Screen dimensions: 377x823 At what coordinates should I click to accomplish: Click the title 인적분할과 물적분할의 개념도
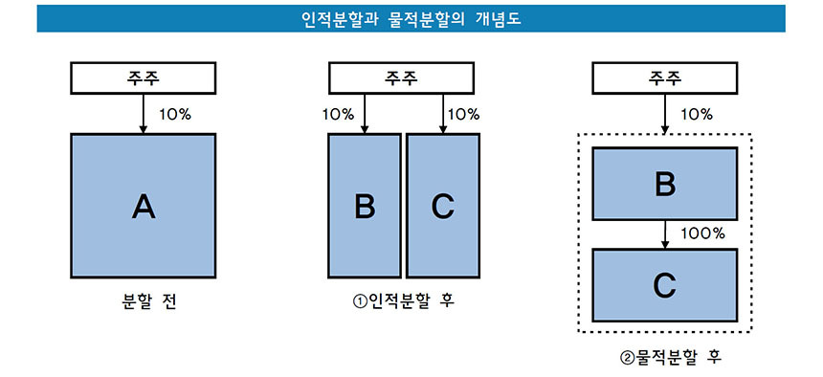click(411, 18)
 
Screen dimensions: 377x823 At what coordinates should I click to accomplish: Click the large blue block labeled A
click(143, 205)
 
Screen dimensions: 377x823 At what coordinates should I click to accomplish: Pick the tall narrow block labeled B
click(364, 205)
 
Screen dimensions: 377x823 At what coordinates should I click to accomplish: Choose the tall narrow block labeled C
click(442, 205)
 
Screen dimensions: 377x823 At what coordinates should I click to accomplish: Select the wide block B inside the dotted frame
click(665, 183)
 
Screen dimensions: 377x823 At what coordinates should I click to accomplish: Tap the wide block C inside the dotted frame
click(665, 284)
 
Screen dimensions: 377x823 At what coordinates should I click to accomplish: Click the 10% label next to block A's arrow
click(174, 114)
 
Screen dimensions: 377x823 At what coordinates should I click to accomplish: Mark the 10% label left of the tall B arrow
click(338, 114)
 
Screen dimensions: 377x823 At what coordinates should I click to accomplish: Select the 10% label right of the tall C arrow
click(463, 114)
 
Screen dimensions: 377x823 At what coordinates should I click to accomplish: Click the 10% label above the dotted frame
click(696, 114)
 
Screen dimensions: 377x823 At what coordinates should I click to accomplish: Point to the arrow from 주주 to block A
click(143, 114)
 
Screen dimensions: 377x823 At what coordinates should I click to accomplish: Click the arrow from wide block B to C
click(665, 233)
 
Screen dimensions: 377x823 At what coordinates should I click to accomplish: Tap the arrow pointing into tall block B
click(364, 114)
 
